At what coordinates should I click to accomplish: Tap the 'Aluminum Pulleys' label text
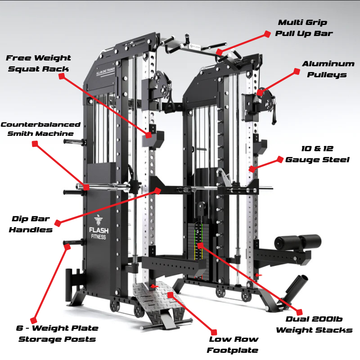328,69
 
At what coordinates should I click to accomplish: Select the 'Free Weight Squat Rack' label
38,63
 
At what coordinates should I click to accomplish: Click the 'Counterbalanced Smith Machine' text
37,129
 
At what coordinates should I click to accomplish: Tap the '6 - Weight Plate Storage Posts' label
57,334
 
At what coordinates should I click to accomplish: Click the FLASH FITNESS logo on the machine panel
99,230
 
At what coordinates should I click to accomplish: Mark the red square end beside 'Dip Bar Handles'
58,223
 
